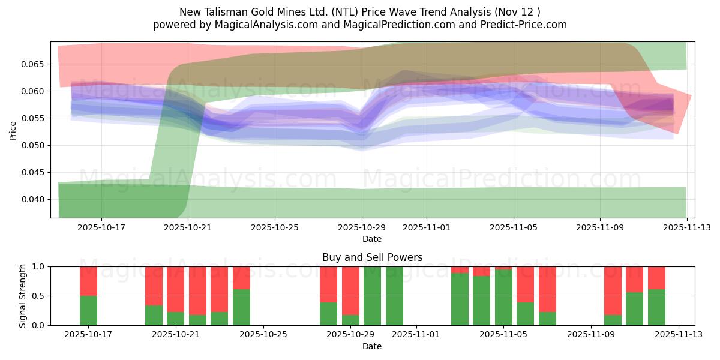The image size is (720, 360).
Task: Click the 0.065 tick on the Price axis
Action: (x=35, y=64)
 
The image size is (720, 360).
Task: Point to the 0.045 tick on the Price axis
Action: (x=35, y=172)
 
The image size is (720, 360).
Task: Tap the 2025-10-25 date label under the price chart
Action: (x=275, y=228)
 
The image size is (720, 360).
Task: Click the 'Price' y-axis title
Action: (x=13, y=130)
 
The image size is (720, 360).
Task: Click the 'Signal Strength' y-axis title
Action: (x=23, y=296)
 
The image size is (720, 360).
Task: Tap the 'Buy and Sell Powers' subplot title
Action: (x=372, y=257)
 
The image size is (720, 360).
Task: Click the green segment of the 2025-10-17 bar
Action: (x=88, y=310)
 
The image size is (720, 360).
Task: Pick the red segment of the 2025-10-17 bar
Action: (x=88, y=281)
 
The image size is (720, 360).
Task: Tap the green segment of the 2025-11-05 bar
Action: (x=503, y=298)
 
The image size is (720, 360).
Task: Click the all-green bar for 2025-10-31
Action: (x=394, y=296)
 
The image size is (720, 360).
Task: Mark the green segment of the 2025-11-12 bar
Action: (x=656, y=307)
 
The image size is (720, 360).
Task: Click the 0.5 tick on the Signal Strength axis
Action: (x=40, y=296)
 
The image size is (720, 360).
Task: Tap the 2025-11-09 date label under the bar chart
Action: (x=591, y=335)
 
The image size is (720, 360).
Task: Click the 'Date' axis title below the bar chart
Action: (x=372, y=346)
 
